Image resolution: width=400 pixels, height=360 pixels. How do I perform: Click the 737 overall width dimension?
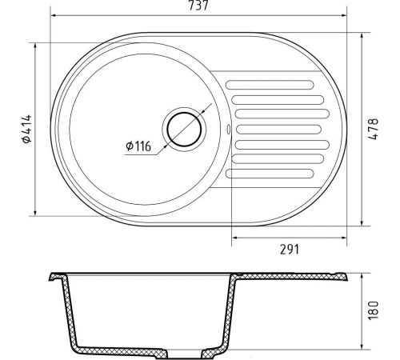coord(198,6)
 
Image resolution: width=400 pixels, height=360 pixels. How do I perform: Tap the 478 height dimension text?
coord(373,129)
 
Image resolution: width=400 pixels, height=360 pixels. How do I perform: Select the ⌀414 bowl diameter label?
coord(27,129)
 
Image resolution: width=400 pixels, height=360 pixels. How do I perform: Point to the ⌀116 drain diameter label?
coord(138,146)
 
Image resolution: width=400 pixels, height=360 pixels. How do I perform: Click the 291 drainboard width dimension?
coord(290,250)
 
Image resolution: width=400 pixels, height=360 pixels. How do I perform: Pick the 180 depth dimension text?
coord(373,310)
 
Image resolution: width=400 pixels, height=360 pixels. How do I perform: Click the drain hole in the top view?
coord(184,130)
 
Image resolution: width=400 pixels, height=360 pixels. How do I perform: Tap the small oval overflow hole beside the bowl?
coord(228,129)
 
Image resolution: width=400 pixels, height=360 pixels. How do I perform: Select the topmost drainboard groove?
coord(270,85)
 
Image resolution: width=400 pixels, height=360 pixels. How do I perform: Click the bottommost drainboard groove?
coord(270,174)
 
